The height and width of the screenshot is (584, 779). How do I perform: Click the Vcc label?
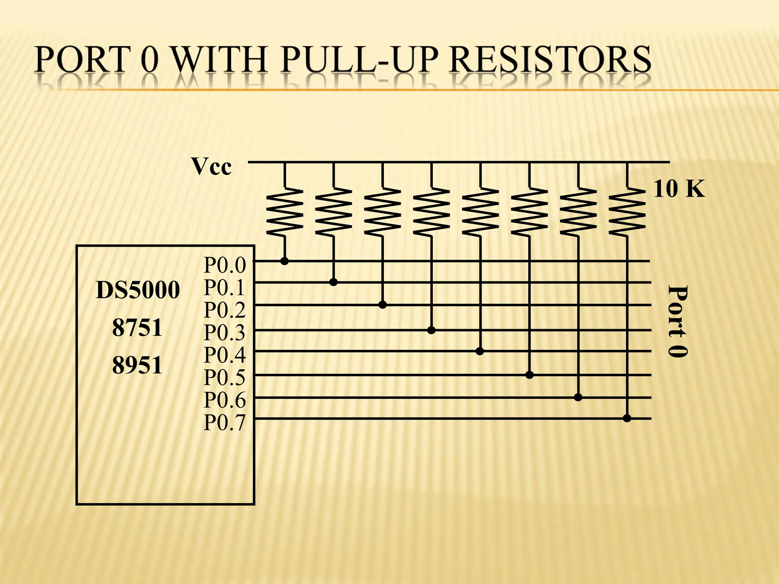pos(211,167)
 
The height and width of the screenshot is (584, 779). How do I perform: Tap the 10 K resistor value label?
pos(679,189)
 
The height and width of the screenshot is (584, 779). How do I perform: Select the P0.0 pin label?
pos(225,265)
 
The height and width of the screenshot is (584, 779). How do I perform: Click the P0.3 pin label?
pos(225,333)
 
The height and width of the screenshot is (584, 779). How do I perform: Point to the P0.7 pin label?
pos(225,422)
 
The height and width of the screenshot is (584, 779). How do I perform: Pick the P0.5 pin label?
pos(225,378)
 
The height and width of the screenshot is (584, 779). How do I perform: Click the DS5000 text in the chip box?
pos(138,290)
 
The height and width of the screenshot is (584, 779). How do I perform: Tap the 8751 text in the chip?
pos(137,328)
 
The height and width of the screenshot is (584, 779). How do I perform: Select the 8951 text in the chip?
pos(137,365)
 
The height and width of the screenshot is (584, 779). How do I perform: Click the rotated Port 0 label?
pos(678,321)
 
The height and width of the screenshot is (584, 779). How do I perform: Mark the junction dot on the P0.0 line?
pos(284,261)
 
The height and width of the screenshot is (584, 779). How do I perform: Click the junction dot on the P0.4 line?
pos(480,351)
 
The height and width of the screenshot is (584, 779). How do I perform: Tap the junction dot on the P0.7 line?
pos(627,419)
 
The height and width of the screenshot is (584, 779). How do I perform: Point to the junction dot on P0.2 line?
pos(383,305)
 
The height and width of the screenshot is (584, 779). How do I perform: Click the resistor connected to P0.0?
pos(285,211)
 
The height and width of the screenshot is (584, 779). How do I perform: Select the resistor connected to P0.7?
pos(627,211)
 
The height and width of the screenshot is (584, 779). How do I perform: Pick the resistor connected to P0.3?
pos(431,211)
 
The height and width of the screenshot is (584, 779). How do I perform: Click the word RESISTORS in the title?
pos(552,60)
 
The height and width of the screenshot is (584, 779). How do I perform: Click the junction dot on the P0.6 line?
pos(578,398)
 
